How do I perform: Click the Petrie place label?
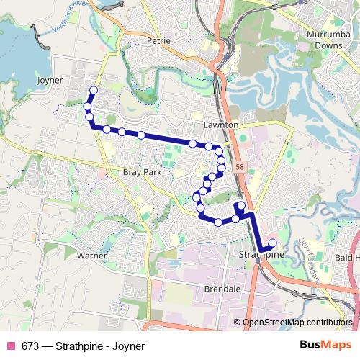(158, 41)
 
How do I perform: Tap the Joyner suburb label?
(50, 80)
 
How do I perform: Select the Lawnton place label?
(221, 125)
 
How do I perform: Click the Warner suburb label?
(92, 256)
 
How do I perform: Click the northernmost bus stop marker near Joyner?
(93, 90)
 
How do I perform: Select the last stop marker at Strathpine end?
(272, 243)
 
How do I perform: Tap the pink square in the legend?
(11, 346)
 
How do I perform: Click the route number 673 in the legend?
(30, 346)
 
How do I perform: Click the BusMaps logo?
(322, 346)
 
